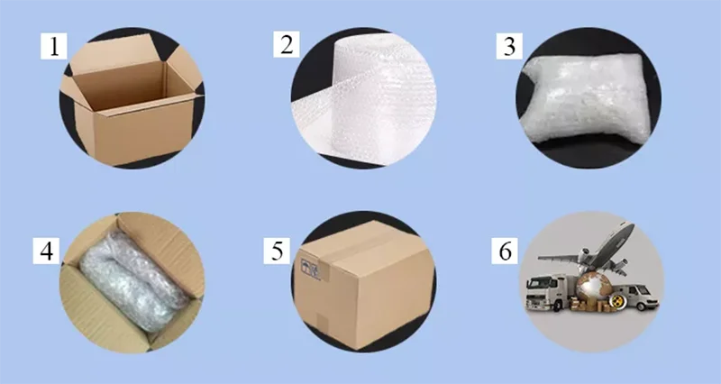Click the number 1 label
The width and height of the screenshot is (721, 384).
54,46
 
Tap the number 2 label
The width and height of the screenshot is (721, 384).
287,44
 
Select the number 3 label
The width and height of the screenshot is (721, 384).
509,46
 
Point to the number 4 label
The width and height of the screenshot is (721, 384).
46,251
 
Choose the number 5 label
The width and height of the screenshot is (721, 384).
277,251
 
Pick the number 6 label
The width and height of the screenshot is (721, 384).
505,251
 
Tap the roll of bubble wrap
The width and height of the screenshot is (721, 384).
368,99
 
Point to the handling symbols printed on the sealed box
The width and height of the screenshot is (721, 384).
310,268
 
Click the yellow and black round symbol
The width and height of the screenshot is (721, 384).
615,301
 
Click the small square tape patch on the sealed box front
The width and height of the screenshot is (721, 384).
322,322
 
